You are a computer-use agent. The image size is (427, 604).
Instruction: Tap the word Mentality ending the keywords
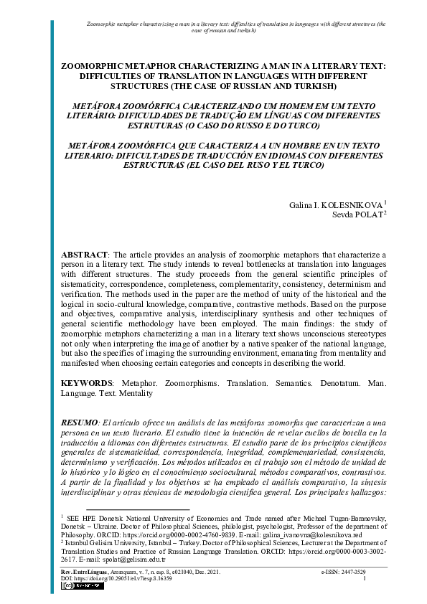[137, 393]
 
